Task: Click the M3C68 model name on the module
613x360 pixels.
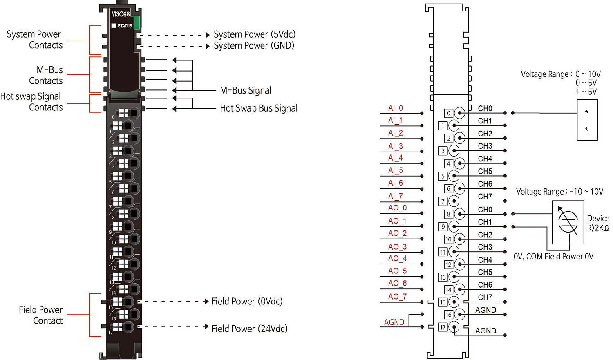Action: (x=120, y=14)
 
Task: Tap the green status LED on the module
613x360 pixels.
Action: (x=136, y=23)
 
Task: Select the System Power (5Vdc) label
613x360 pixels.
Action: (x=254, y=34)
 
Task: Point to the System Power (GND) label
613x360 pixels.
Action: (x=254, y=46)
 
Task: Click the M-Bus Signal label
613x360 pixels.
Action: (x=246, y=90)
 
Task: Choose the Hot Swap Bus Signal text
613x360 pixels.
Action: (x=259, y=108)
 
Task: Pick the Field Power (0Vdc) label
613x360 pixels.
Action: (x=247, y=302)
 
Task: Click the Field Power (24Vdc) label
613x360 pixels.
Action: (x=249, y=329)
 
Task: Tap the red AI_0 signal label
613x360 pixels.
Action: (x=395, y=108)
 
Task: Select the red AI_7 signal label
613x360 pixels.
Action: (x=395, y=196)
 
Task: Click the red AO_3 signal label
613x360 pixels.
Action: (x=397, y=247)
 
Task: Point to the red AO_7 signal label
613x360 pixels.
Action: (x=397, y=297)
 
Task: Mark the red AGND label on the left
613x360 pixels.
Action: (x=394, y=322)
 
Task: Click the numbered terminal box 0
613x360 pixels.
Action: (x=448, y=113)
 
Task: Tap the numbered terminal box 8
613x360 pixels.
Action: (x=448, y=214)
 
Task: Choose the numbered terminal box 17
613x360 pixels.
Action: (x=443, y=327)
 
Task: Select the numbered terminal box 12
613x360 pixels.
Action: (x=448, y=265)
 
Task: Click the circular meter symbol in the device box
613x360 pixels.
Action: (x=568, y=222)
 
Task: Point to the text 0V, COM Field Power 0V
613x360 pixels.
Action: (x=553, y=257)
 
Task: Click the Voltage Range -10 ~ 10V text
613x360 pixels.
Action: (x=559, y=192)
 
